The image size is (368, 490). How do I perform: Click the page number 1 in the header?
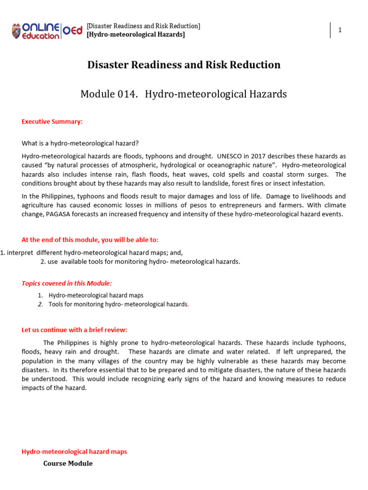pos(340,30)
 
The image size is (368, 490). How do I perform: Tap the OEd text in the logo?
pos(73,30)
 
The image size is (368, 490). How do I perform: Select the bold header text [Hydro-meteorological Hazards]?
pos(136,34)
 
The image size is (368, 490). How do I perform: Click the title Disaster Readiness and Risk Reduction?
pos(184,65)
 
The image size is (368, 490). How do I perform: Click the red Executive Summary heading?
pos(52,122)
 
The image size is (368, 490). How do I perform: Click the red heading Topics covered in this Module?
pos(67,283)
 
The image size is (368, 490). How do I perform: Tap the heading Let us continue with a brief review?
pos(74,330)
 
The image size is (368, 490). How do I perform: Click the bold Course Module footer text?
pos(68,463)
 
